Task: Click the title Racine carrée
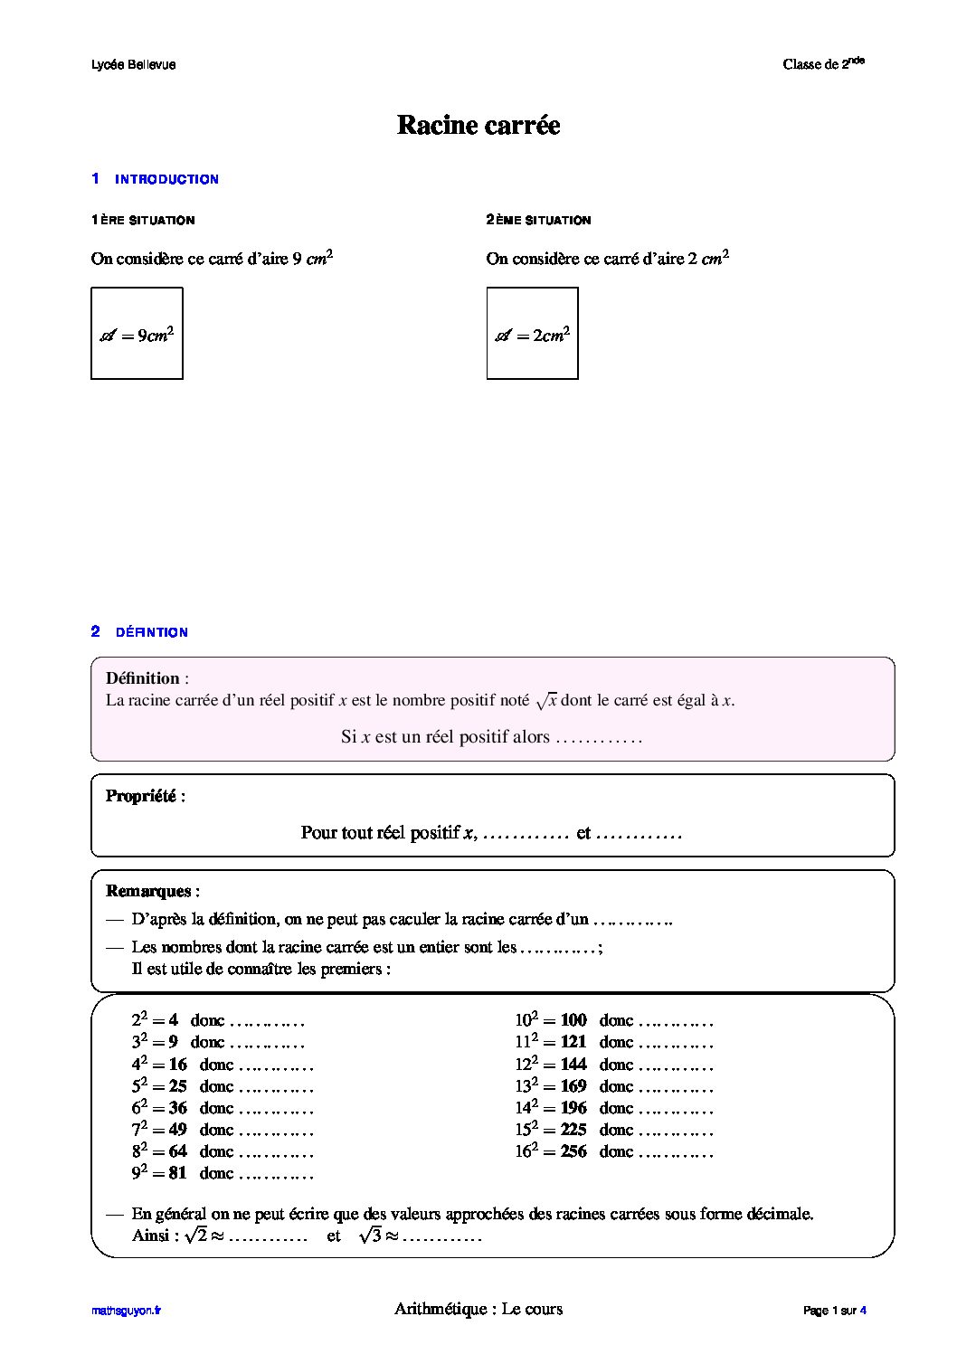(478, 125)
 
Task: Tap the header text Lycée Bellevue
(134, 64)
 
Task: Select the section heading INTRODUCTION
(166, 179)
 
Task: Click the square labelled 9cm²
(137, 334)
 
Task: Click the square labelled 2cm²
(532, 334)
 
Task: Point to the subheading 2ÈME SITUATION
(538, 220)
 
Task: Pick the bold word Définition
(143, 678)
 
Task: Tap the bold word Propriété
(142, 796)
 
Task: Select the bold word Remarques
(149, 891)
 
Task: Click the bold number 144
(573, 1065)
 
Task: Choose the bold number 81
(177, 1173)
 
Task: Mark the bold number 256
(573, 1151)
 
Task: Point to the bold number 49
(177, 1130)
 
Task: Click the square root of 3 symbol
(370, 1236)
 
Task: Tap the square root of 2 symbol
(195, 1236)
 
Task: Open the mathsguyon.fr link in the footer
(126, 1310)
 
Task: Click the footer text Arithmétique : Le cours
(478, 1309)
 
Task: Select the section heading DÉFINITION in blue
(151, 632)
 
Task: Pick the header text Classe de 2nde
(823, 63)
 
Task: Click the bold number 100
(573, 1021)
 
